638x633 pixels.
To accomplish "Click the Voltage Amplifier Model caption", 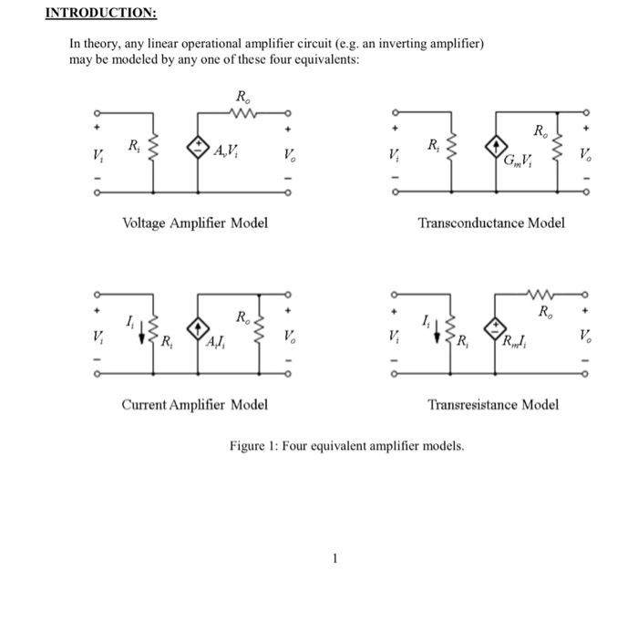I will coord(195,222).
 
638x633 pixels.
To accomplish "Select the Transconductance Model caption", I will coord(491,222).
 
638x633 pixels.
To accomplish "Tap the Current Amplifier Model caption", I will coord(195,404).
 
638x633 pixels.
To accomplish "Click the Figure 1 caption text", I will coord(346,447).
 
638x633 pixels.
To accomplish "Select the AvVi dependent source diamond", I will coord(198,149).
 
